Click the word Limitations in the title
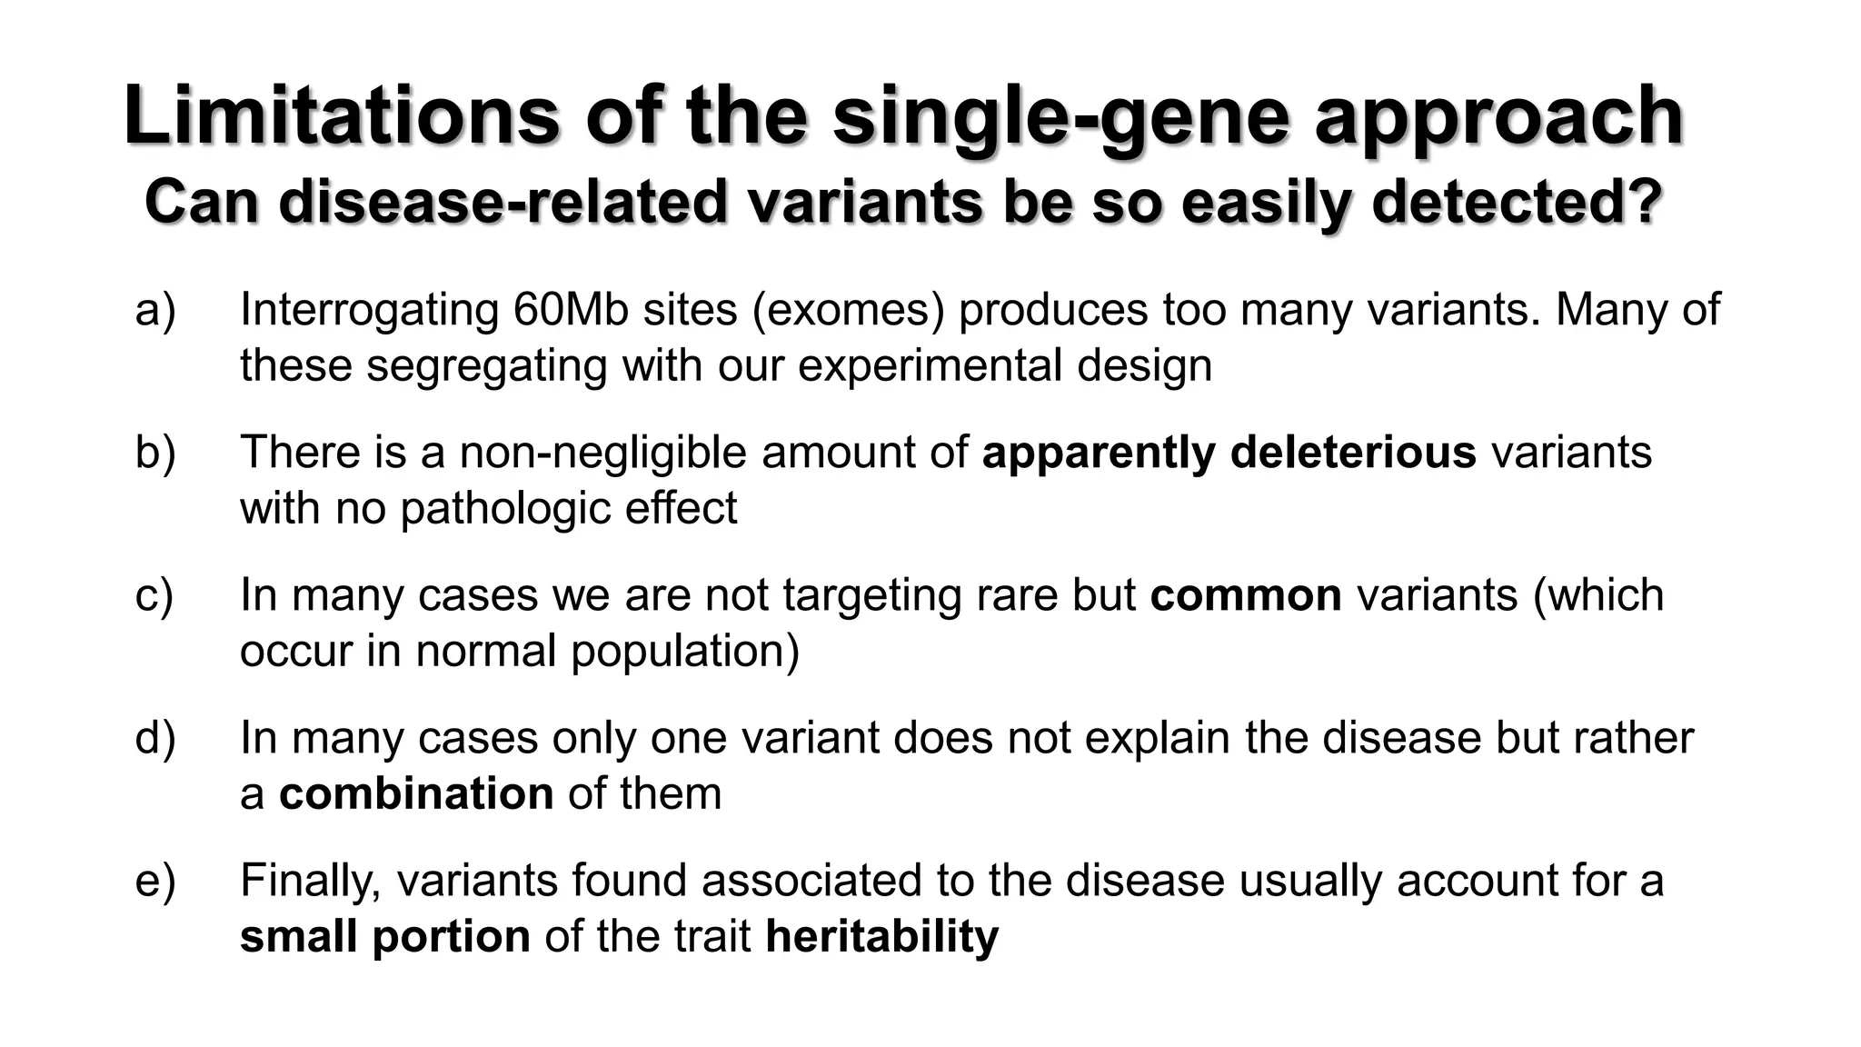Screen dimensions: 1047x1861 341,115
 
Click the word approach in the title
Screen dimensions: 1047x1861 1499,115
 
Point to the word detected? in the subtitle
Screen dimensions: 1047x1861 1517,202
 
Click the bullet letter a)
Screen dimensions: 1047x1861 155,310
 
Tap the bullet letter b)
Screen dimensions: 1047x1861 155,453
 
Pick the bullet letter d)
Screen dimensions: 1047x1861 155,738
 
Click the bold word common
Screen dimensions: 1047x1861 1246,595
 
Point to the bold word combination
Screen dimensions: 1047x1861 416,793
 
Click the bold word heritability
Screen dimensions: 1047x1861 881,936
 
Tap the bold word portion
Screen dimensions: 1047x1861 452,936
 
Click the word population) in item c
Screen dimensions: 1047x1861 685,651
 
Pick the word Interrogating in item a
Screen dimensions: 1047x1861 369,310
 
